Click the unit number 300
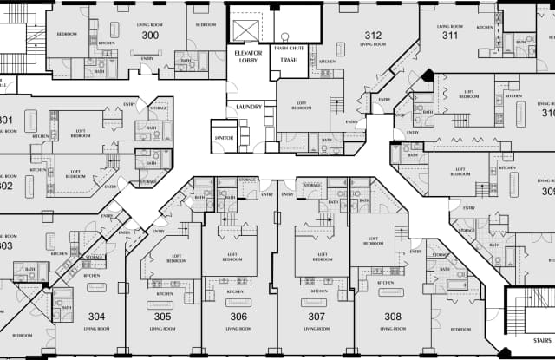click(x=150, y=36)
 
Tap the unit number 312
click(x=373, y=36)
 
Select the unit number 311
click(x=449, y=36)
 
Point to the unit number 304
click(x=96, y=317)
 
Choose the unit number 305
click(x=162, y=317)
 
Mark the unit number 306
click(x=238, y=317)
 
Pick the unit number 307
click(x=318, y=317)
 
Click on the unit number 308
click(x=393, y=317)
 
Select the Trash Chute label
click(x=290, y=49)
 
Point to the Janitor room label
click(x=224, y=136)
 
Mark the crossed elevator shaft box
click(x=246, y=27)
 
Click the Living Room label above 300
click(x=150, y=24)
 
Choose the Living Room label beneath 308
click(x=393, y=330)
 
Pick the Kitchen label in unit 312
click(x=328, y=62)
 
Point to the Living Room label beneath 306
click(x=238, y=330)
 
